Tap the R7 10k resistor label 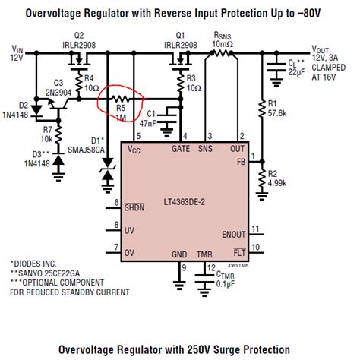pyautogui.click(x=43, y=136)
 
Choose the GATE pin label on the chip pyautogui.click(x=182, y=148)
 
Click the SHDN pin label pyautogui.click(x=134, y=207)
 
